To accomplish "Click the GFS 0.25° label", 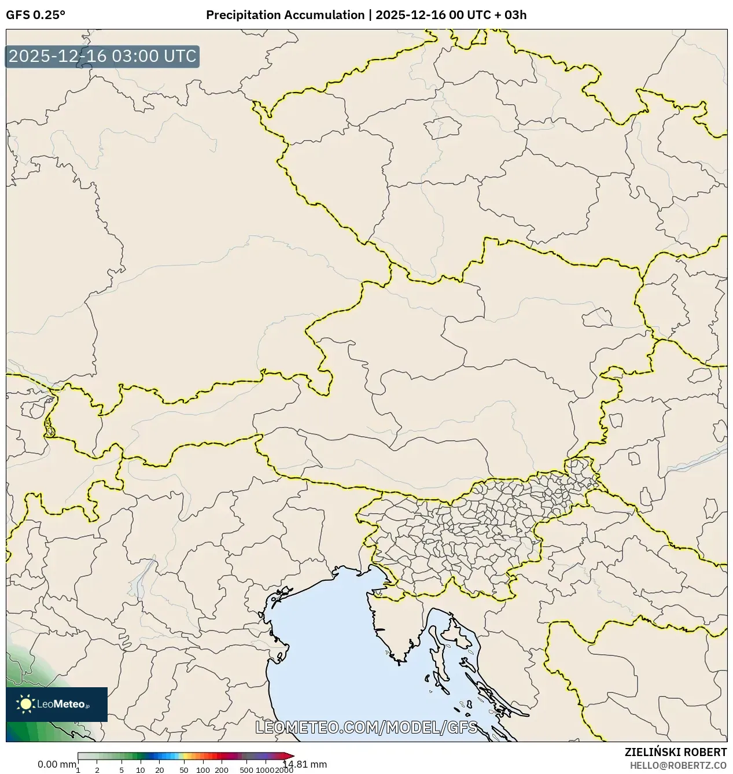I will [35, 15].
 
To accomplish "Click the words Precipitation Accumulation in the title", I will [285, 15].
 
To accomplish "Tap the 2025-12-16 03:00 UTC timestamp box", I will [102, 56].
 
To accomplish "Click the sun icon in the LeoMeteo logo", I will [26, 704].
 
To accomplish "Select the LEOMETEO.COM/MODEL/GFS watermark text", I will [366, 727].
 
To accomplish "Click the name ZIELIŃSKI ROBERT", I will [675, 752].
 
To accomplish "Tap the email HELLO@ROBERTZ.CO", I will [678, 765].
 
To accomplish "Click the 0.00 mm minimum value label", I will [56, 764].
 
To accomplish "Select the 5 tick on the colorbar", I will [121, 770].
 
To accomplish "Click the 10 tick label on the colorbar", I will [141, 770].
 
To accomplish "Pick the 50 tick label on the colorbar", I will [184, 770].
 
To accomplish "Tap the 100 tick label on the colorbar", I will [203, 770].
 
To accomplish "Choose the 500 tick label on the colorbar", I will [246, 770].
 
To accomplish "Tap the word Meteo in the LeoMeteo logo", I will [70, 704].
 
